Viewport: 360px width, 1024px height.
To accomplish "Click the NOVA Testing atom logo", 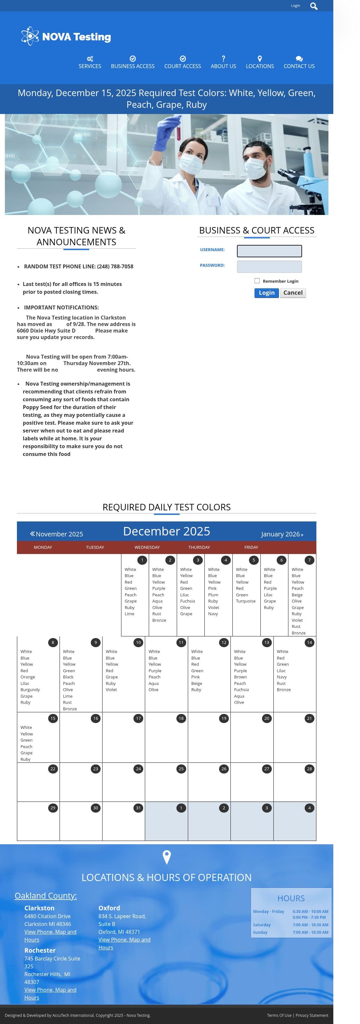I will click(30, 36).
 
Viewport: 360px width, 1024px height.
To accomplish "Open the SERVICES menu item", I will click(90, 63).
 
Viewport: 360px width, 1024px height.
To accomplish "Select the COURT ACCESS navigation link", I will click(182, 63).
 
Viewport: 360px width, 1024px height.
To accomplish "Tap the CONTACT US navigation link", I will click(299, 63).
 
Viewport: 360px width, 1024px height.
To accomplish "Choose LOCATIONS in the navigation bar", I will click(259, 63).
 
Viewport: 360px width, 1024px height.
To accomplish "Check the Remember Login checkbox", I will click(257, 281).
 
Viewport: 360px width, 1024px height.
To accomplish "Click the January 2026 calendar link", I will click(282, 534).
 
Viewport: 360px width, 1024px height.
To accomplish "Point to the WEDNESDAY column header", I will click(147, 548).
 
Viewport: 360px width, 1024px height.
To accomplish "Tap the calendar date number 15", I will click(53, 718).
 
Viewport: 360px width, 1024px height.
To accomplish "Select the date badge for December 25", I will click(181, 768).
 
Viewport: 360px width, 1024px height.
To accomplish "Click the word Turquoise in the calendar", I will click(245, 601).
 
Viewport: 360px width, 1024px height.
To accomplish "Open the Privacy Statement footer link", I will click(312, 1015).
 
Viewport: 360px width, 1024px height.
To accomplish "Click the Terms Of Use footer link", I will click(279, 1015).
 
